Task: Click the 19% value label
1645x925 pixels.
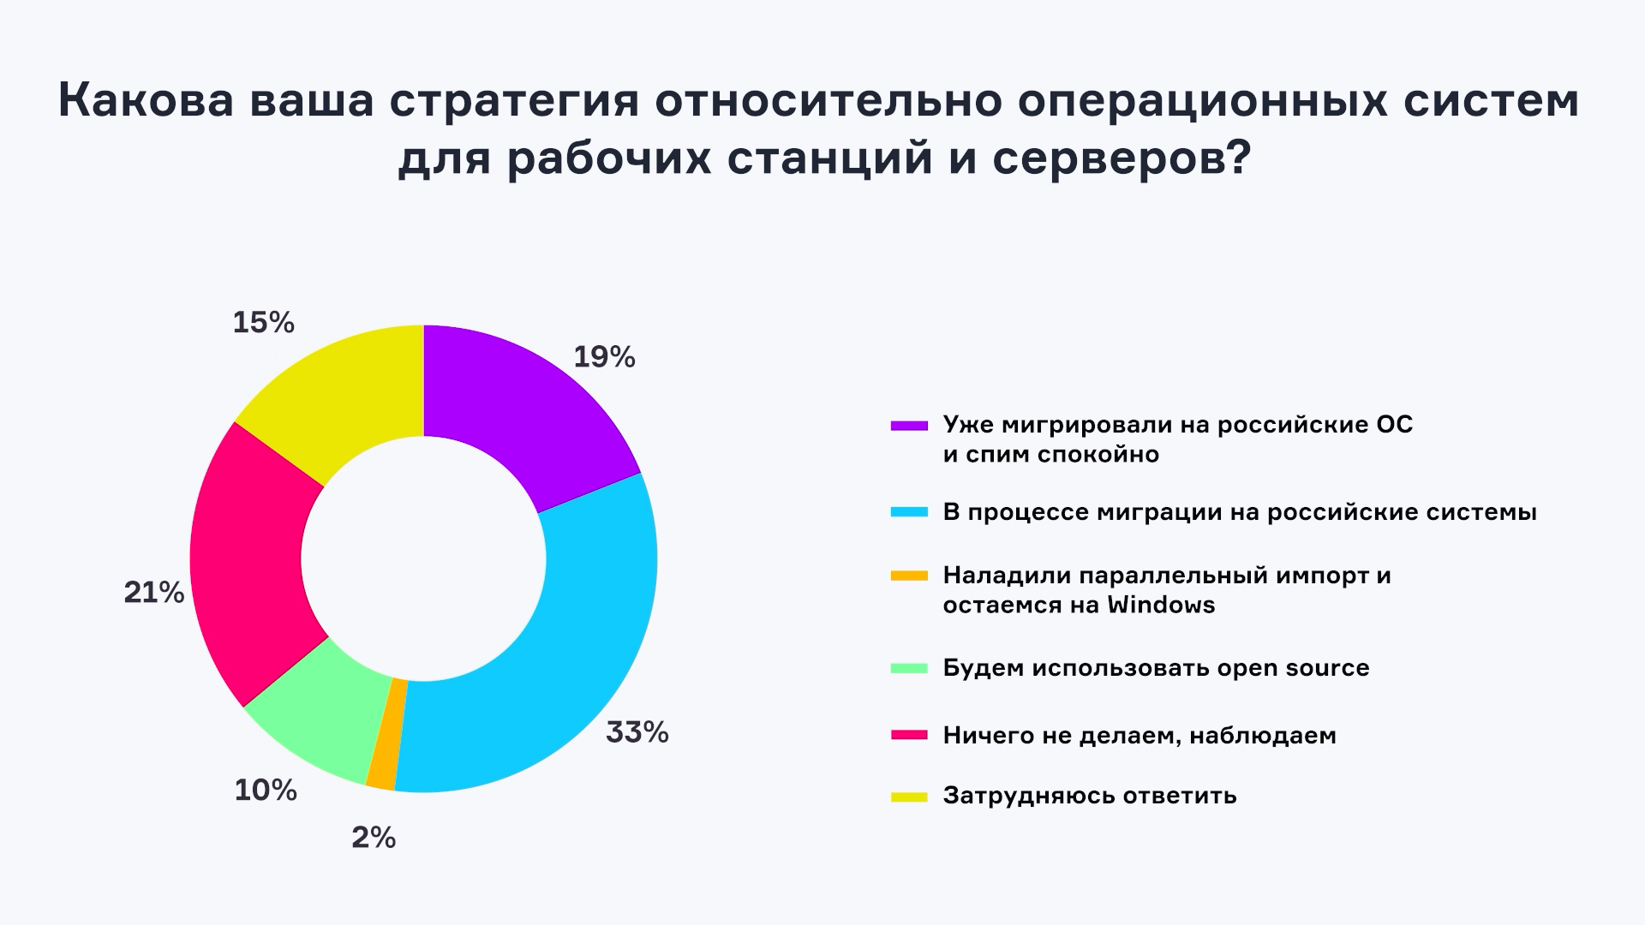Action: [604, 357]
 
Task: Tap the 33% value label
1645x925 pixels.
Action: [637, 732]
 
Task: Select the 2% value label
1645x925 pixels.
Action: [374, 837]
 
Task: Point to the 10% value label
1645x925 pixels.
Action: [266, 790]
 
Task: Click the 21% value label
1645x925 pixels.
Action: [154, 592]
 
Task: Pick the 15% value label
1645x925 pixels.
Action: [264, 323]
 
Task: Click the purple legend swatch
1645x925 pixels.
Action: [909, 425]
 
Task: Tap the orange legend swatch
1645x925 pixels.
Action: [909, 576]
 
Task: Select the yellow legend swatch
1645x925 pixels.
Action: [909, 797]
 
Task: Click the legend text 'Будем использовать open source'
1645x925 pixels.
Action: [1156, 667]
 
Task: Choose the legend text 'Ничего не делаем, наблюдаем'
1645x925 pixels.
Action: [1140, 735]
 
